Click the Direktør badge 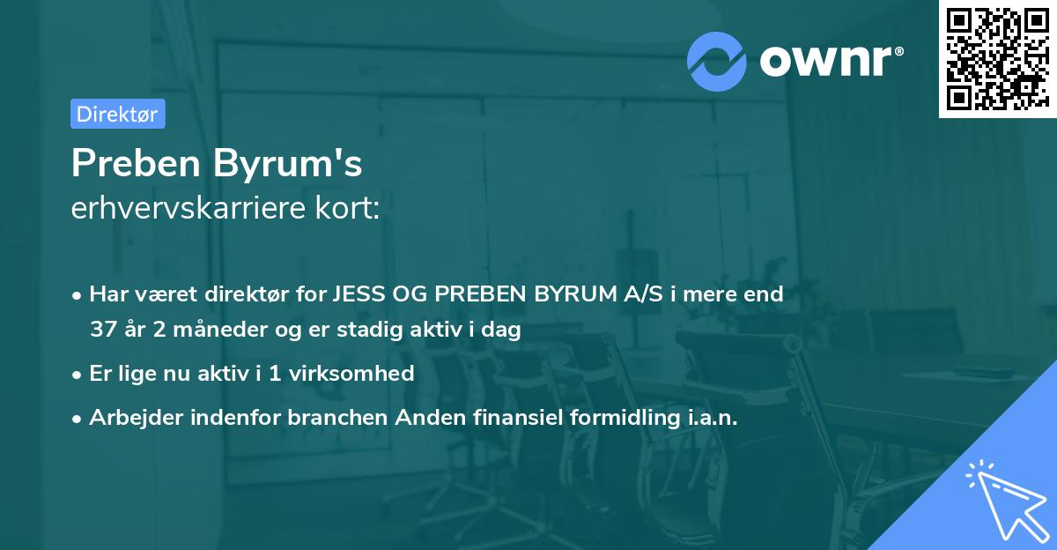click(x=117, y=114)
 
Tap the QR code click(x=997, y=59)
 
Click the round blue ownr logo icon click(x=718, y=60)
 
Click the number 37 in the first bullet click(x=103, y=331)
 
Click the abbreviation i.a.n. click(x=713, y=417)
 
